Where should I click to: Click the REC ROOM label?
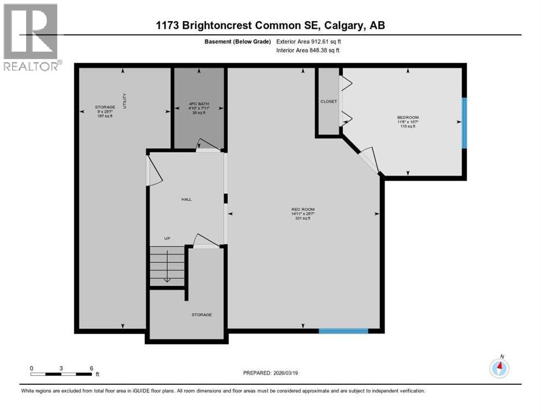[303, 210]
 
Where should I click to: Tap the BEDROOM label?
[408, 117]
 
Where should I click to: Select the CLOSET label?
[329, 101]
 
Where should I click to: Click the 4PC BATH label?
[199, 103]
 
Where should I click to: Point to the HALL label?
[186, 199]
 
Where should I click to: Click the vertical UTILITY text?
[125, 101]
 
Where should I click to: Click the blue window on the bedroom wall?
[464, 122]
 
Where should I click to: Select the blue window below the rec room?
[343, 330]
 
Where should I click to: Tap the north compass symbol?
[499, 368]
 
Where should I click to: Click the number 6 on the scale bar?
[91, 368]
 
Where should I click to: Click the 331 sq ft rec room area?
[303, 219]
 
